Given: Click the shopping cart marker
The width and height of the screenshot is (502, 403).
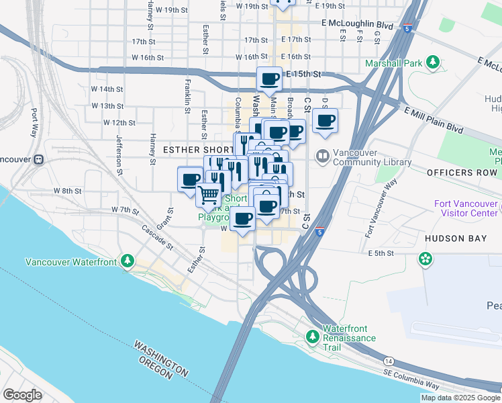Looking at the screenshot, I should [x=209, y=195].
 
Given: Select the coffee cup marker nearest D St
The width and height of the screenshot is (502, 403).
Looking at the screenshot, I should [x=325, y=120].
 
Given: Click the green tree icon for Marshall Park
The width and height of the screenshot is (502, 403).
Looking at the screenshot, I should [x=434, y=63].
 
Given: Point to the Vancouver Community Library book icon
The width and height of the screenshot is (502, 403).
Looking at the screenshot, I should [x=323, y=156].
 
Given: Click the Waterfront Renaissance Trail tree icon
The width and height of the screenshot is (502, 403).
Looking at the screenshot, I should [x=313, y=335].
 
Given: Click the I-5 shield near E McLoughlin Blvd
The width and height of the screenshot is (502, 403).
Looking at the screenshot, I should [x=407, y=29].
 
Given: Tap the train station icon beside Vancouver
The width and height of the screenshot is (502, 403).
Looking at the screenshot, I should [x=39, y=159].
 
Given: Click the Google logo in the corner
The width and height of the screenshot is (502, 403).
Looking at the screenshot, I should [x=22, y=394].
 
